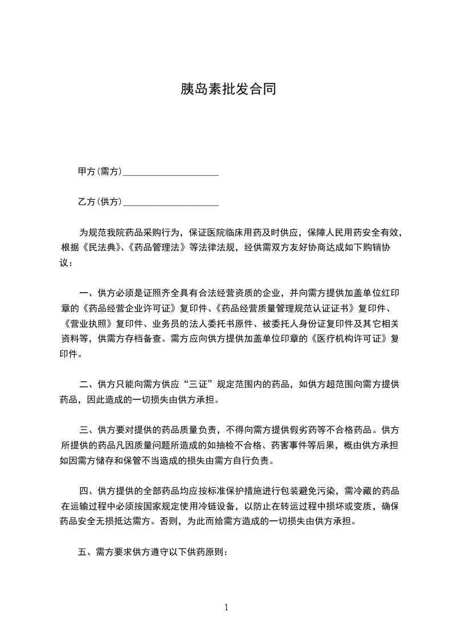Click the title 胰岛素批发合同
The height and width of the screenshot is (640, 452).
[x=228, y=90]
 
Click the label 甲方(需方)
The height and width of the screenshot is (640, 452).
[x=100, y=172]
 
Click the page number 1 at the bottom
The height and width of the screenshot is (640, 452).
[x=226, y=607]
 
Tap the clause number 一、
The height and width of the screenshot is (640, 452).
[x=87, y=294]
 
